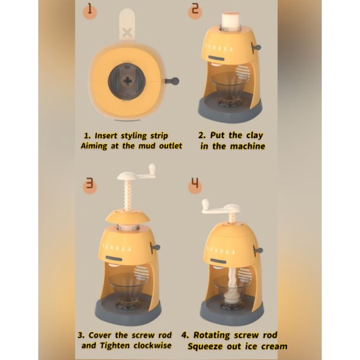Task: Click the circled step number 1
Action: (x=90, y=11)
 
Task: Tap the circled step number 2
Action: (x=195, y=11)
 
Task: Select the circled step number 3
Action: (x=90, y=186)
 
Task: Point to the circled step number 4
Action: (x=195, y=186)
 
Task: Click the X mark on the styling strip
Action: (x=127, y=33)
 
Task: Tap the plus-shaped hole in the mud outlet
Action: (x=127, y=81)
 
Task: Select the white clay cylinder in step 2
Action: (x=231, y=21)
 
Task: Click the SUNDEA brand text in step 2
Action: (x=218, y=48)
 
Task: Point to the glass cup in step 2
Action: (x=230, y=90)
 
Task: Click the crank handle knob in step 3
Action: (x=152, y=169)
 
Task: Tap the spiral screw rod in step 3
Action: (x=129, y=196)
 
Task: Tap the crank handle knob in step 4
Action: (x=205, y=204)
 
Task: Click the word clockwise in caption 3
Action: (x=153, y=345)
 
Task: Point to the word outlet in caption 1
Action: (x=171, y=146)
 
